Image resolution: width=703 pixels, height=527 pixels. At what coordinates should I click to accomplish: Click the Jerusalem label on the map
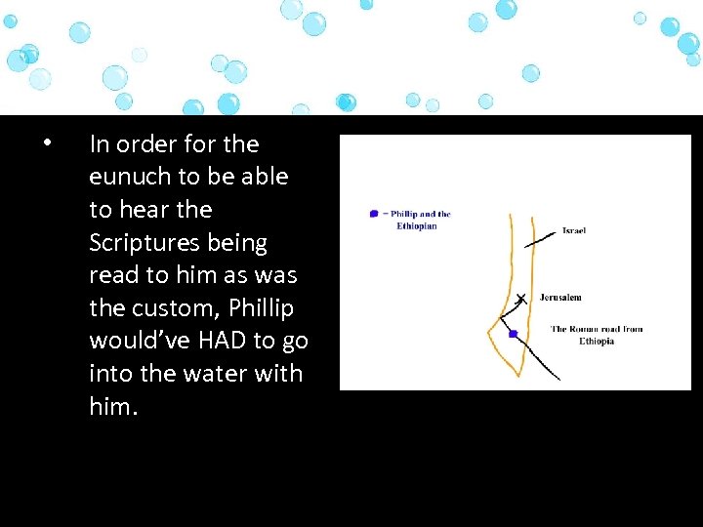560,298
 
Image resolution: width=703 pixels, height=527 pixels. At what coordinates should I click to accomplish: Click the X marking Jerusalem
520,299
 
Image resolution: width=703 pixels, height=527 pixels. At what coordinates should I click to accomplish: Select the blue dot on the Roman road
513,334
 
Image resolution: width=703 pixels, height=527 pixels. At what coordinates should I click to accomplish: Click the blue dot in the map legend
373,214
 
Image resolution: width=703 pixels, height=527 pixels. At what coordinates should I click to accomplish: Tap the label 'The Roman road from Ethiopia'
596,335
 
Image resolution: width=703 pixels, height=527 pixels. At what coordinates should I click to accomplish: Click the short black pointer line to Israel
541,237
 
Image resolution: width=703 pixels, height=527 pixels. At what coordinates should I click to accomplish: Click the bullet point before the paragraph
45,142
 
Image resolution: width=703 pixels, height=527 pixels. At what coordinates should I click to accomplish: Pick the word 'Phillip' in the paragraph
261,308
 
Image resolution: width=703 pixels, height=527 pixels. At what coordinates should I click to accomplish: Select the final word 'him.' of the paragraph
113,406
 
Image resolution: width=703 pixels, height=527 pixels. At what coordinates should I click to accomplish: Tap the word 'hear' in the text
143,210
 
